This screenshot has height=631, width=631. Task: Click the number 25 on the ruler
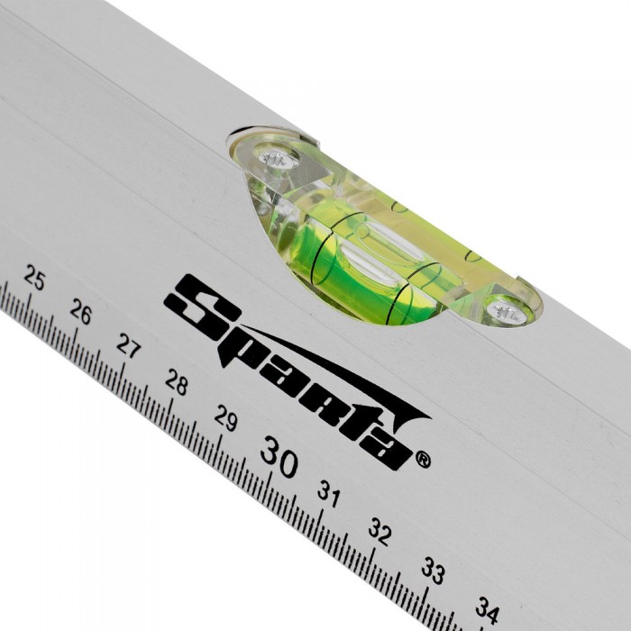coord(34,278)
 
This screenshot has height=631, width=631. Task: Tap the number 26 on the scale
coord(80,312)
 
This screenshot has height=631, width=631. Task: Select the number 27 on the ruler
coord(129,346)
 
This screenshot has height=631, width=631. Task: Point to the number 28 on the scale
coord(177,381)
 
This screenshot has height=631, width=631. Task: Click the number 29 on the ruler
coord(225,417)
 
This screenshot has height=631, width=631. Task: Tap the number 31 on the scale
coord(329,493)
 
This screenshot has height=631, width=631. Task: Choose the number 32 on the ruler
coord(380,531)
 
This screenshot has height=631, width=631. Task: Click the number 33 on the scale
coord(433,570)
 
